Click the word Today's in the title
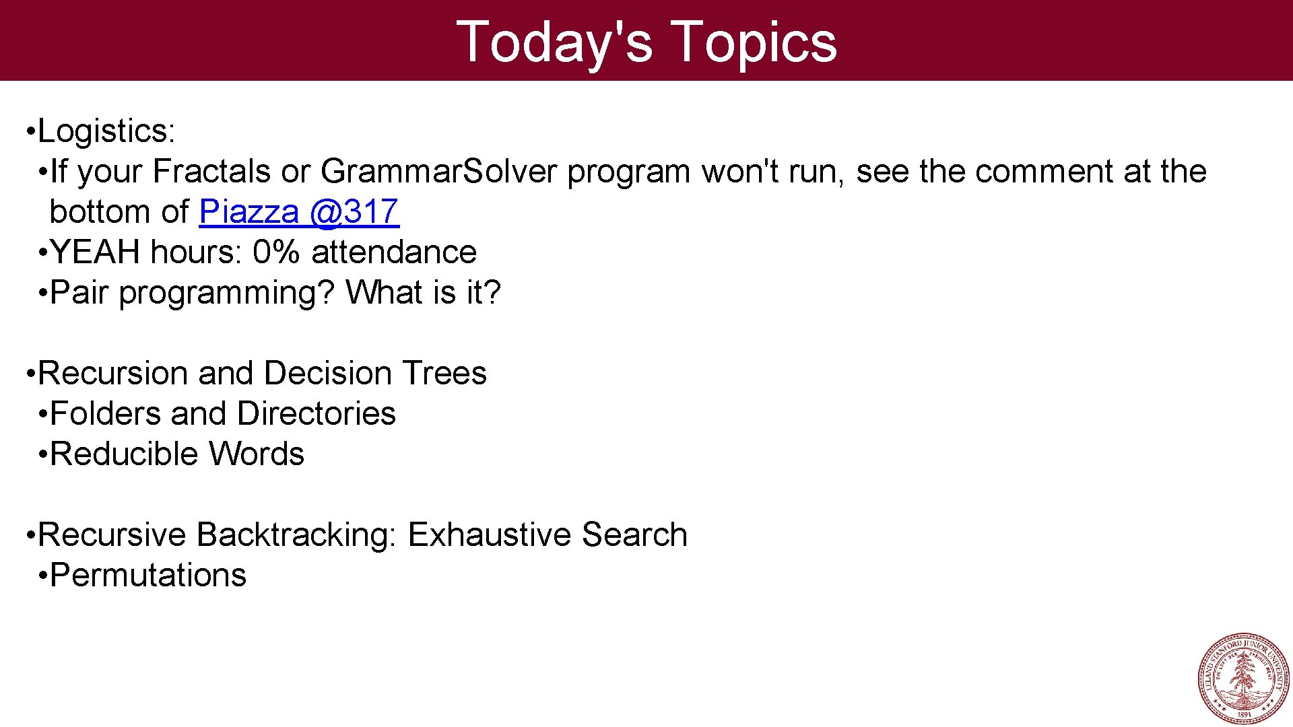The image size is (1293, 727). (554, 42)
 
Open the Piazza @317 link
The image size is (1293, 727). (299, 212)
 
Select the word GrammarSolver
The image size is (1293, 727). (438, 171)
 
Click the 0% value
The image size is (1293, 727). (275, 252)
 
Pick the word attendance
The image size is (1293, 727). (394, 252)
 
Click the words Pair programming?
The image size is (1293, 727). (192, 293)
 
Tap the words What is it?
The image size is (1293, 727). (424, 293)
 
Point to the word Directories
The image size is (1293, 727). (316, 414)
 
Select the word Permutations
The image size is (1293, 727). (148, 576)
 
